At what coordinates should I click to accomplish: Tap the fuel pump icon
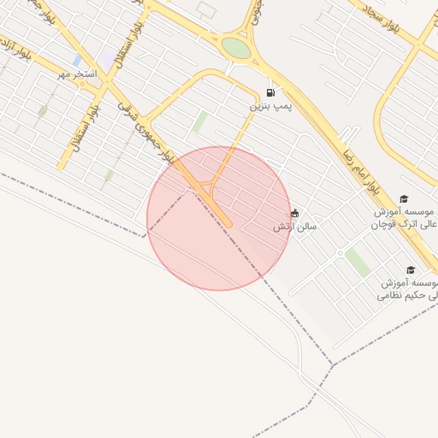coord(271,93)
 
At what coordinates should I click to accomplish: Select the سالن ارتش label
coord(294,227)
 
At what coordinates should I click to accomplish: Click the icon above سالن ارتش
coord(295,213)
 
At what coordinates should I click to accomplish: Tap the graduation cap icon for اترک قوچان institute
coord(404,198)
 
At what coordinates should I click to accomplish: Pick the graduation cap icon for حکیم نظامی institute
coord(411,270)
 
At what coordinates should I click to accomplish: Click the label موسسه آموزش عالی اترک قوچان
coord(404,217)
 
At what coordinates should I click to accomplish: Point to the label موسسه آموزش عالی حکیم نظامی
coord(409,288)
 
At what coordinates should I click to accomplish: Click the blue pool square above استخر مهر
coord(78,61)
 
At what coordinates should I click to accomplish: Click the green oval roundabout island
coord(236,48)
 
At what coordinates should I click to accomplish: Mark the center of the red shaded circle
coord(219,218)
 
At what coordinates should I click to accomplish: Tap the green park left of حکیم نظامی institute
coord(357,262)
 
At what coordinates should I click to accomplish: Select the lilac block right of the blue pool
coord(106,56)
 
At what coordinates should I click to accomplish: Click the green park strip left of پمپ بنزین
coord(199,122)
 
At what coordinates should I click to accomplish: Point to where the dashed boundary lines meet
coord(332,365)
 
